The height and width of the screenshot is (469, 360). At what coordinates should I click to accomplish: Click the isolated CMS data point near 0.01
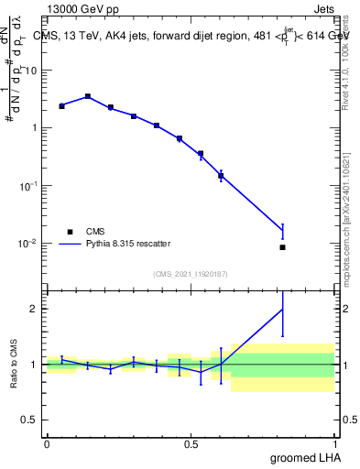[282, 247]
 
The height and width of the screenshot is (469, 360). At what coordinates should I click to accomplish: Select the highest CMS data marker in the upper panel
[87, 96]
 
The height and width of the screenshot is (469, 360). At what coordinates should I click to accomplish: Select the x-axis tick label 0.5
[191, 444]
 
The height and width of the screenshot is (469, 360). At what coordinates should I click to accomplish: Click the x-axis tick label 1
[335, 444]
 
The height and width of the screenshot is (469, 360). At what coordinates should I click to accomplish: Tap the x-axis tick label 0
[47, 444]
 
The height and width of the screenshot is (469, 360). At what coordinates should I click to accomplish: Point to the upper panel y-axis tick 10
[33, 70]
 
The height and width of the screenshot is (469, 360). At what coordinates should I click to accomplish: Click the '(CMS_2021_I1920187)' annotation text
[191, 273]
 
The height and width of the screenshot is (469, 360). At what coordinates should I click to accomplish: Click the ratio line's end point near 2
[282, 309]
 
